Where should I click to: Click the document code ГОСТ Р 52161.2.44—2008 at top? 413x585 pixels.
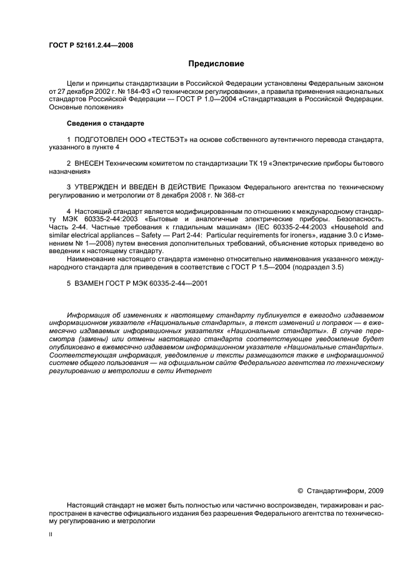91,44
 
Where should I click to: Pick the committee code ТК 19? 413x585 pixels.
256,163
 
